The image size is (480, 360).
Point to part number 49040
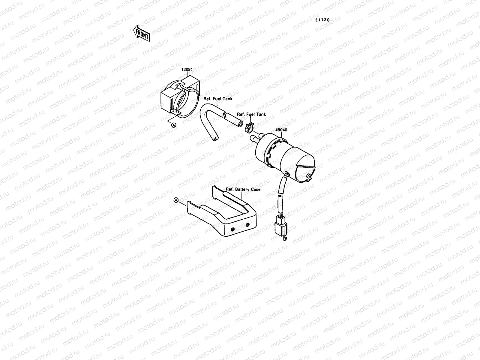pos(281,130)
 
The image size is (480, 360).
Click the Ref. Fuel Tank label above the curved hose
pos(218,99)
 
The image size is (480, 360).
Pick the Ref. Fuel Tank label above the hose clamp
pos(251,114)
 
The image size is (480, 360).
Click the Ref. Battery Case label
pos(243,189)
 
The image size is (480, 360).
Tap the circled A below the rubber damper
pos(173,125)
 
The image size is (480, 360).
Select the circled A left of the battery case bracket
pos(176,200)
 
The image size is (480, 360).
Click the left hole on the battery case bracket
pos(232,229)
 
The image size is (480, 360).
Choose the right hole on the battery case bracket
pos(247,225)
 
